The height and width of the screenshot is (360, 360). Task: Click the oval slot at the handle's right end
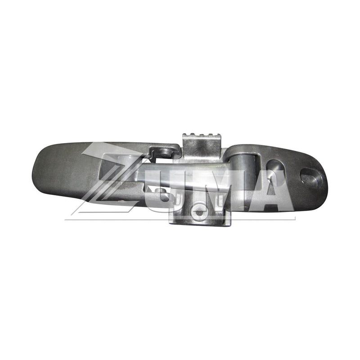tap(310, 175)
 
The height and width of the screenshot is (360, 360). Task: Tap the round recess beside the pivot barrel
tap(275, 167)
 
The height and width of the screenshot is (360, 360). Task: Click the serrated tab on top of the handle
tap(202, 144)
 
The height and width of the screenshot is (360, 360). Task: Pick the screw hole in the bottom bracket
tap(199, 212)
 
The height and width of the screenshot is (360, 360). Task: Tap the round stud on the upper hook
tap(166, 152)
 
